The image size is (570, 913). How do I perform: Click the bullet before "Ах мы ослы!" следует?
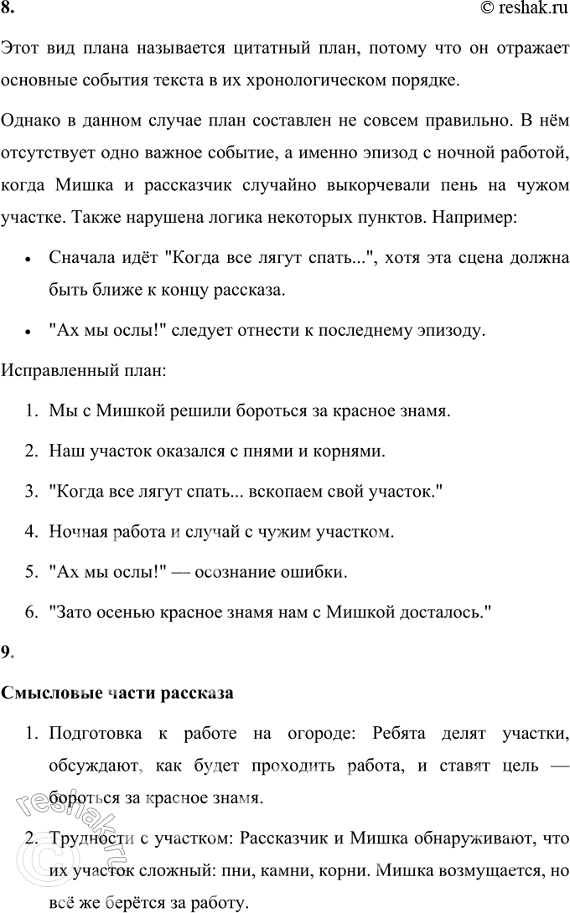tap(28, 332)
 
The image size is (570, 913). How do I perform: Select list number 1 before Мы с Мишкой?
tap(30, 412)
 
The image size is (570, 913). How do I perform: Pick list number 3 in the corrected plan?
tap(30, 493)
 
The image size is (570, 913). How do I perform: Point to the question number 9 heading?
tap(8, 653)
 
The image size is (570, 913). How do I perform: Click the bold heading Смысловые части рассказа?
tap(117, 694)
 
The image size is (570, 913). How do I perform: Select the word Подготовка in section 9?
tap(94, 735)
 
